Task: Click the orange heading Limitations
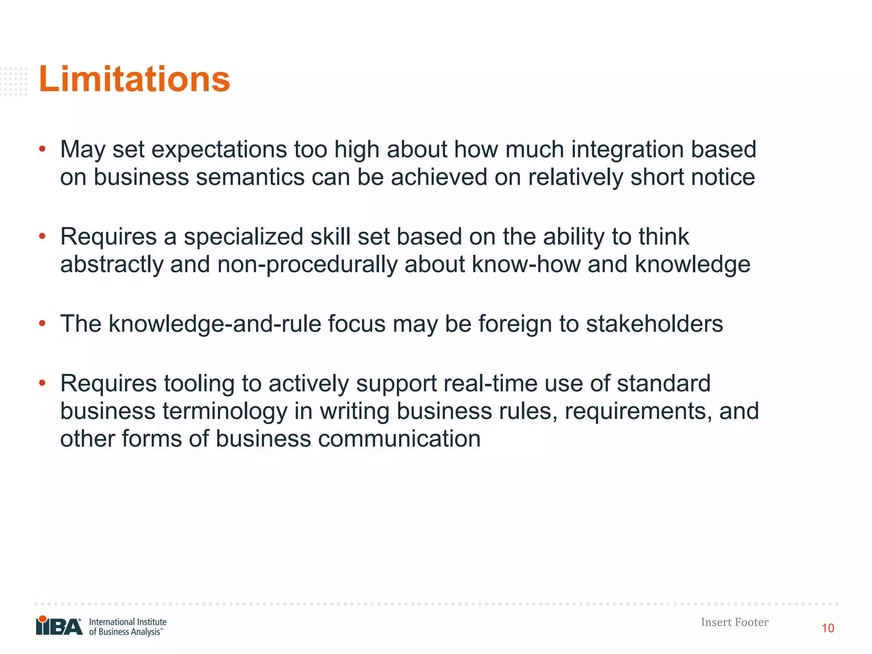[134, 79]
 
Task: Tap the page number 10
[828, 628]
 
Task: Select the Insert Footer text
[734, 622]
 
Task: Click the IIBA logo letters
[59, 626]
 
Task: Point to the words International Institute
[128, 622]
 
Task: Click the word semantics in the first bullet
[250, 177]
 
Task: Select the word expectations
[219, 150]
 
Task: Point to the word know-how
[526, 264]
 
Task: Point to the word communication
[399, 439]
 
